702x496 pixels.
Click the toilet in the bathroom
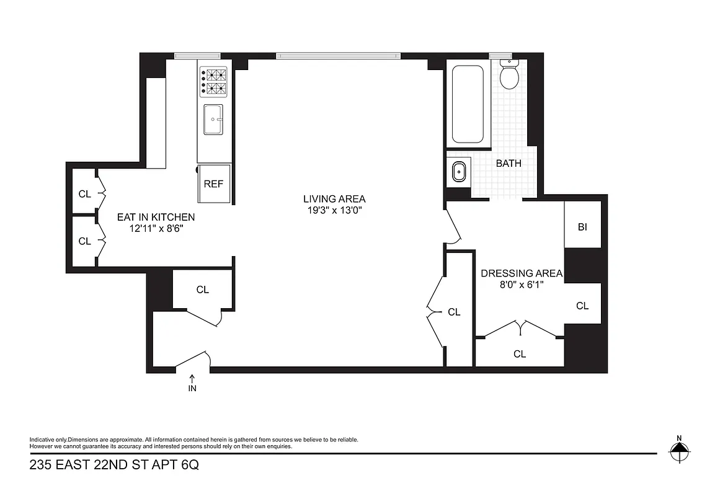click(x=509, y=75)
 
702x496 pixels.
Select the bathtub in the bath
click(x=467, y=104)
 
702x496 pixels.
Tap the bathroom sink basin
click(x=458, y=171)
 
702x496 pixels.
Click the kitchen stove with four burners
click(x=212, y=82)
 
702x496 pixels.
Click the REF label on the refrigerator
click(x=213, y=184)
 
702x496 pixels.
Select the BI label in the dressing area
click(x=582, y=227)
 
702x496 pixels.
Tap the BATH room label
click(x=509, y=164)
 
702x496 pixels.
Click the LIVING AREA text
click(x=334, y=199)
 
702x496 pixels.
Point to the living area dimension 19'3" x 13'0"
click(x=334, y=210)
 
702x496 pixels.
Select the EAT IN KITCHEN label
click(x=156, y=217)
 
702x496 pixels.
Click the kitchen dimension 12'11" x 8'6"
click(x=156, y=228)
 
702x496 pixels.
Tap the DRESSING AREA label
click(x=522, y=273)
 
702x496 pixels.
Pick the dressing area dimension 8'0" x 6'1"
click(x=522, y=285)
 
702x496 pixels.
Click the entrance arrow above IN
click(x=192, y=378)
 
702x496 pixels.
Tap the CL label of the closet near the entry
click(x=202, y=290)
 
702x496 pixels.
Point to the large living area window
click(x=339, y=56)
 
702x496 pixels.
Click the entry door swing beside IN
click(x=193, y=361)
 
